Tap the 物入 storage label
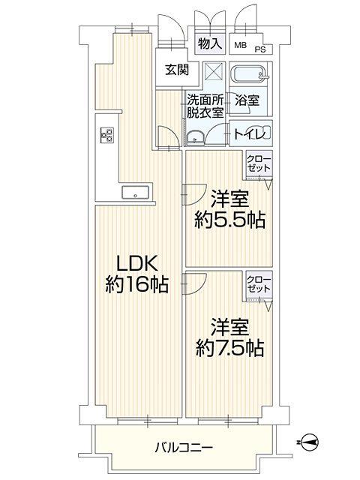[211, 43]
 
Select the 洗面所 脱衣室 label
[205, 106]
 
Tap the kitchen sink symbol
[136, 193]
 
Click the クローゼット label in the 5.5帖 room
[259, 163]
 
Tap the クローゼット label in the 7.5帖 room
[259, 285]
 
